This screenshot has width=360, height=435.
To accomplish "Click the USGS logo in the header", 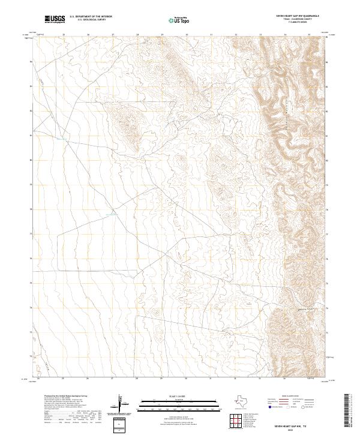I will coord(55,19).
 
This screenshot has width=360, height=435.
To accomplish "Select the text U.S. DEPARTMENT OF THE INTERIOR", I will coord(91,16).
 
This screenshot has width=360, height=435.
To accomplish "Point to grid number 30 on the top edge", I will coord(187,35).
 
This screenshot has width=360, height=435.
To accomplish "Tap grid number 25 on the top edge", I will coord(63,35).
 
